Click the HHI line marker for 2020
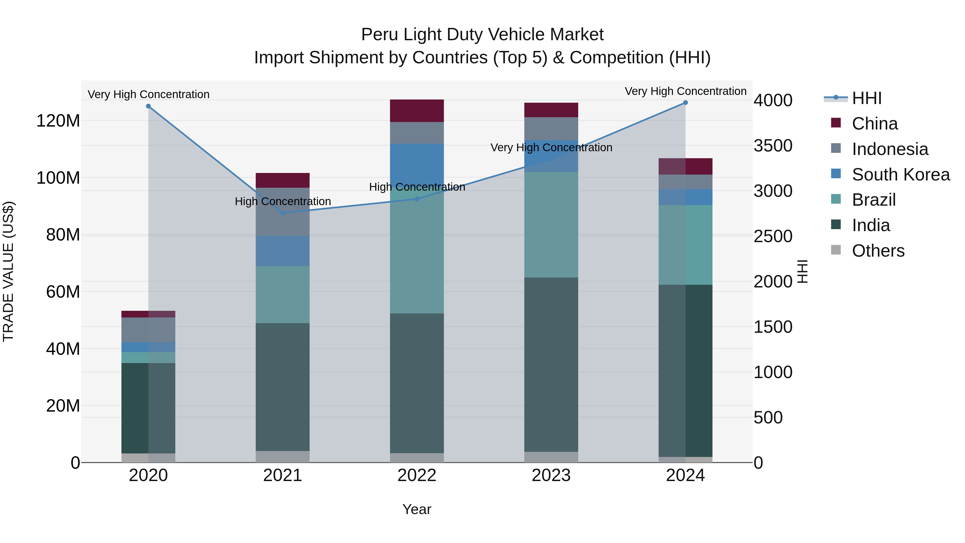[x=148, y=106]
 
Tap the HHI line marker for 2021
[x=283, y=213]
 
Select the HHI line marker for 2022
[x=417, y=199]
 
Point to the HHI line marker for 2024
[x=685, y=102]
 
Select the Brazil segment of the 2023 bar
[x=551, y=225]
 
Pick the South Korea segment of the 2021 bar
[x=283, y=251]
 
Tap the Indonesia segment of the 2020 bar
[x=148, y=330]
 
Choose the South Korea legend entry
[x=901, y=175]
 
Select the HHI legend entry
[x=866, y=98]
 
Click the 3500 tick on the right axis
[x=773, y=146]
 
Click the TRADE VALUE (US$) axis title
[x=8, y=271]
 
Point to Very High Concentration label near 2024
[x=685, y=91]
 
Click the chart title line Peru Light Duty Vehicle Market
[x=482, y=35]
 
